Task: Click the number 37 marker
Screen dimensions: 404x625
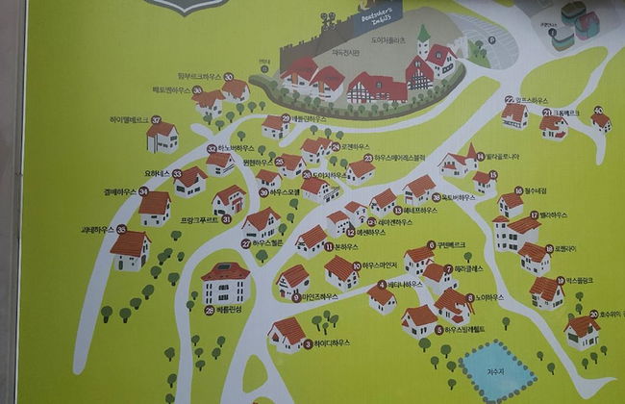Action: pyautogui.click(x=156, y=119)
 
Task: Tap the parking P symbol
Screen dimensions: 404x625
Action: pyautogui.click(x=492, y=41)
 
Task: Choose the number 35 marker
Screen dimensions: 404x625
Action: pyautogui.click(x=121, y=229)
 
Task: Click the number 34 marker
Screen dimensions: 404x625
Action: pyautogui.click(x=142, y=191)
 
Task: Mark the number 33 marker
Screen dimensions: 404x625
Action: pyautogui.click(x=177, y=174)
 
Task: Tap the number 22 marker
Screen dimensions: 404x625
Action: pyautogui.click(x=509, y=99)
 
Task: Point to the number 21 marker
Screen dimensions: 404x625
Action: pyautogui.click(x=545, y=113)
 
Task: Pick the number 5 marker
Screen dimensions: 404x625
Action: pyautogui.click(x=438, y=330)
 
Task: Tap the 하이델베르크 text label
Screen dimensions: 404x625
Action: pyautogui.click(x=128, y=119)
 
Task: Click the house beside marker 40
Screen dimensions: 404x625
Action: pyautogui.click(x=601, y=123)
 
